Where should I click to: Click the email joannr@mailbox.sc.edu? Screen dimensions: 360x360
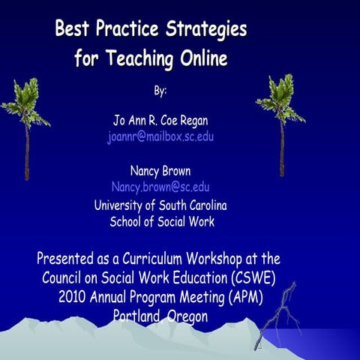pyautogui.click(x=160, y=136)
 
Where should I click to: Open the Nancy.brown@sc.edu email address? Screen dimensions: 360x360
pyautogui.click(x=160, y=187)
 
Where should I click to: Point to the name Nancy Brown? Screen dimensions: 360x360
pyautogui.click(x=160, y=170)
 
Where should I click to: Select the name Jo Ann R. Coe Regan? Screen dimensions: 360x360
pyautogui.click(x=160, y=120)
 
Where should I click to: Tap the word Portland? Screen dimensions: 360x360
pyautogui.click(x=138, y=316)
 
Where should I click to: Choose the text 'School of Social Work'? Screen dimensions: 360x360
pyautogui.click(x=162, y=221)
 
